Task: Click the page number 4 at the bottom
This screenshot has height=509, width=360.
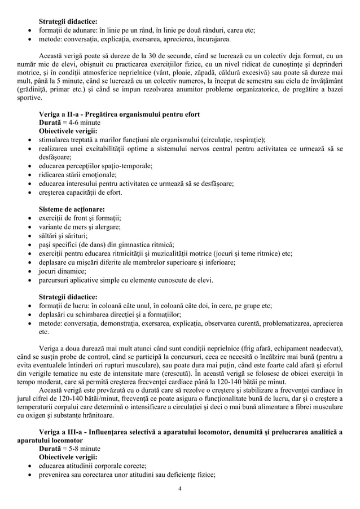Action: [x=179, y=488]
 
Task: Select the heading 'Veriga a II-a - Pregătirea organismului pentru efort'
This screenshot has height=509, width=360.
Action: [x=118, y=115]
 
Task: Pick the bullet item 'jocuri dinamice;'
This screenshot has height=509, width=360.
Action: [x=64, y=270]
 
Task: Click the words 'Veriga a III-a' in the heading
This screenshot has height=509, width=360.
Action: [x=62, y=432]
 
